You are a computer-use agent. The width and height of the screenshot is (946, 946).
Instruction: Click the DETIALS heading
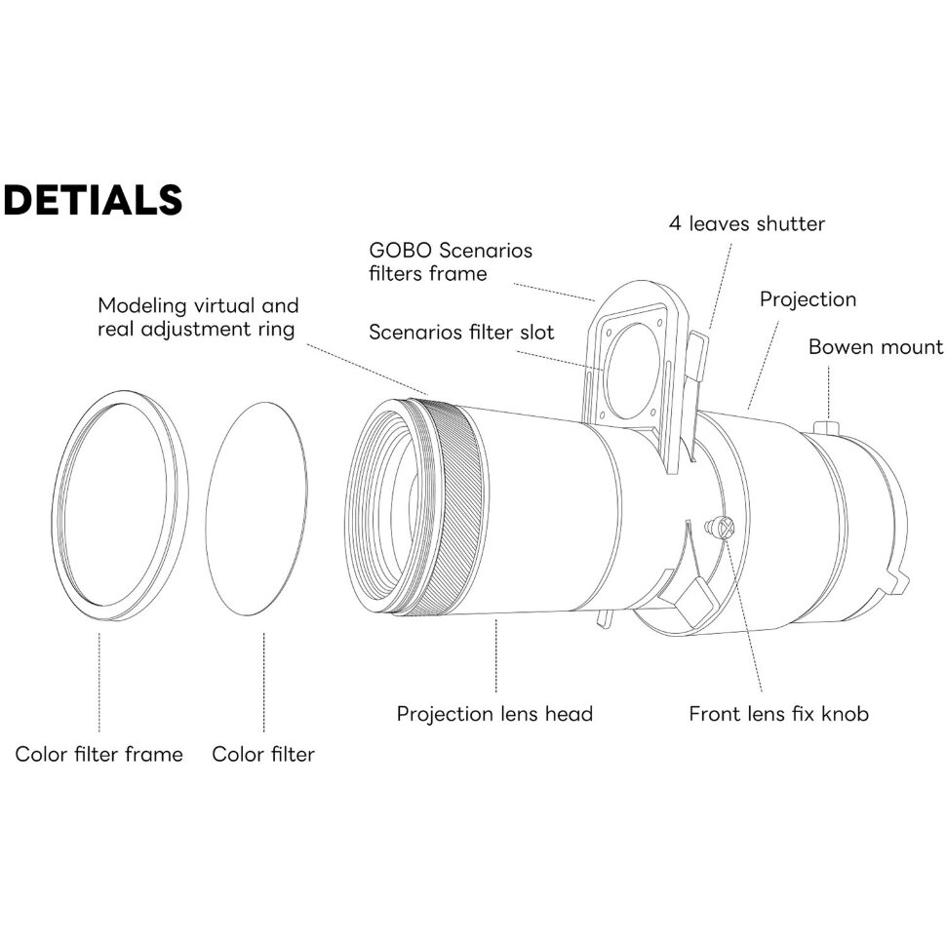tap(93, 199)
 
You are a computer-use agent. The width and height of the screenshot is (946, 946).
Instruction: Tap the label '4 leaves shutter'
tap(746, 223)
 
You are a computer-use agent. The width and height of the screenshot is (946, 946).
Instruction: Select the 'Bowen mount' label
tap(875, 347)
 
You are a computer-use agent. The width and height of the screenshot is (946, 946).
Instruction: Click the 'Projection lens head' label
tap(494, 714)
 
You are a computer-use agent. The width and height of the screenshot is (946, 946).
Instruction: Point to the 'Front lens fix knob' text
tap(778, 714)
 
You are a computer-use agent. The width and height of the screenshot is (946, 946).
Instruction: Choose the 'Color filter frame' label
tap(99, 754)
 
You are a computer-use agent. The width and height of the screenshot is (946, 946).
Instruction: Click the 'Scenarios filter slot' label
tap(461, 333)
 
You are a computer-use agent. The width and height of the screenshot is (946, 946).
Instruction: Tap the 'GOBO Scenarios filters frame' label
tap(452, 261)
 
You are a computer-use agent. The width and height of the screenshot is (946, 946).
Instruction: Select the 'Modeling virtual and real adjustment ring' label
tap(198, 317)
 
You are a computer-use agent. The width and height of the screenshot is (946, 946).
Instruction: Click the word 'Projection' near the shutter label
tap(808, 299)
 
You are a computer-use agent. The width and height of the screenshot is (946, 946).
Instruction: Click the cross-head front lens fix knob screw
tap(723, 528)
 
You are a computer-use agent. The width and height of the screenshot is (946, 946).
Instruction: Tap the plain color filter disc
tap(256, 507)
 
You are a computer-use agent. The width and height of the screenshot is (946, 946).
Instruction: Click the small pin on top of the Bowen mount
tap(827, 427)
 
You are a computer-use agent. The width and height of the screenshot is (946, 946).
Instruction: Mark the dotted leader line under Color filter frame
tap(99, 683)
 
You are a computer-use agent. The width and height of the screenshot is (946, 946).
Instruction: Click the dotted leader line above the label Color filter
tap(264, 683)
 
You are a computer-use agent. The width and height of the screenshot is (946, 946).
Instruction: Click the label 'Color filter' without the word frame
tap(263, 754)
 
